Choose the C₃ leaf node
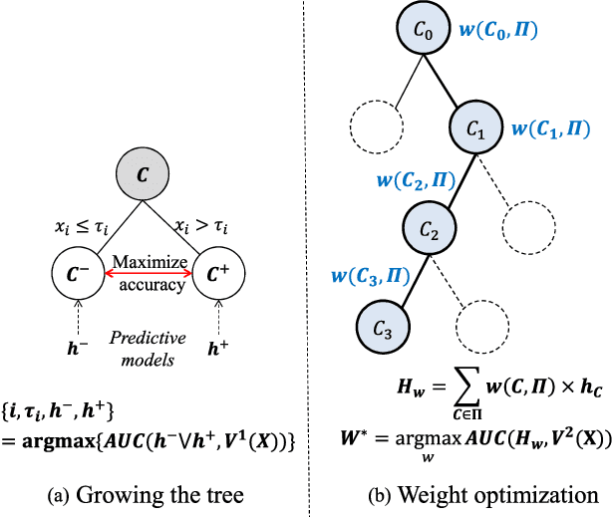click(381, 327)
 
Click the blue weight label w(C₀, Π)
click(499, 33)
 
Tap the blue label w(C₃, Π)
click(369, 277)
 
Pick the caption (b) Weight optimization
click(461, 494)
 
